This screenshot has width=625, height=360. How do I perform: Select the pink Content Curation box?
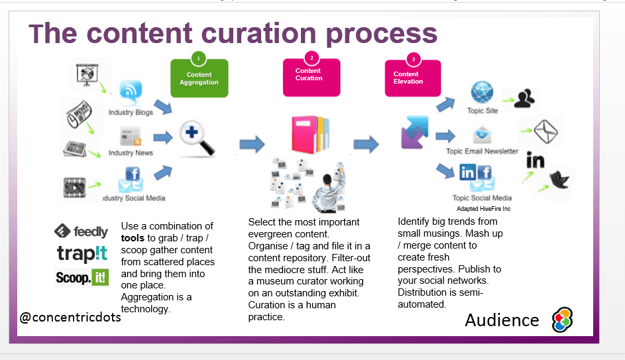point(308,75)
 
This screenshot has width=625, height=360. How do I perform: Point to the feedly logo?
point(81,231)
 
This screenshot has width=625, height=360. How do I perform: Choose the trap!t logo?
point(82,254)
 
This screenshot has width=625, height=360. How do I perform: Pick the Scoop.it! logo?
point(82,277)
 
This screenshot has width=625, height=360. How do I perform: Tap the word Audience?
point(502,320)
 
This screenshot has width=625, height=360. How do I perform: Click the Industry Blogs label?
point(131,113)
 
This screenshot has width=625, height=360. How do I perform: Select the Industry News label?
point(131,153)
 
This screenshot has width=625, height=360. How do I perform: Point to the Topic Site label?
point(483,111)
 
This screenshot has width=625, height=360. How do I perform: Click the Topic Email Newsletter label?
point(482,152)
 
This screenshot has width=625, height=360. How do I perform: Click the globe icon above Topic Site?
point(483,92)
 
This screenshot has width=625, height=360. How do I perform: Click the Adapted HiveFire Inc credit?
point(483,208)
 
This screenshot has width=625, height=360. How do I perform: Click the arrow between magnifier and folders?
point(252,143)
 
